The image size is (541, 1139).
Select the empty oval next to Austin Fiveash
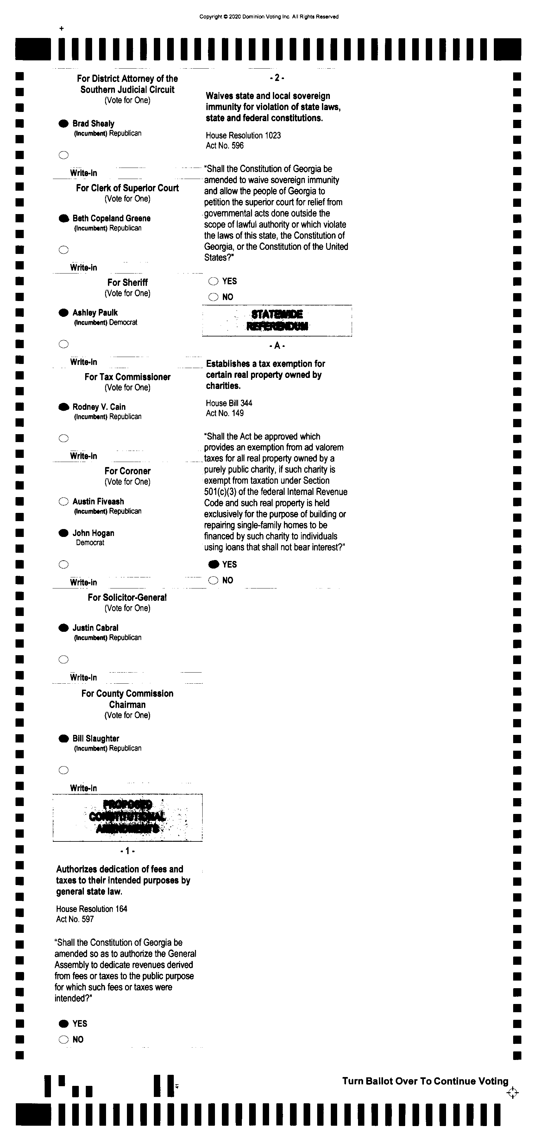point(64,502)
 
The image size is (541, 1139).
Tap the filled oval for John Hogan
point(64,533)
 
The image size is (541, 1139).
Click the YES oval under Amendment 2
point(213,281)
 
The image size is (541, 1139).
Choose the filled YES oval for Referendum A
point(213,564)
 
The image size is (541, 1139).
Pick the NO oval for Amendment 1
point(64,1039)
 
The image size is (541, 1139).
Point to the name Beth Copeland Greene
point(111,219)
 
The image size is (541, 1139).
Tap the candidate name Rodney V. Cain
point(99,407)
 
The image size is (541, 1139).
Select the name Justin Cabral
point(95,628)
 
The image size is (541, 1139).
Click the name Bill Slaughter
point(96,738)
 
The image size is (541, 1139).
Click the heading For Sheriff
point(128,283)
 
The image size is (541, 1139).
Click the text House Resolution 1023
point(243,135)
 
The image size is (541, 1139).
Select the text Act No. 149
point(224,413)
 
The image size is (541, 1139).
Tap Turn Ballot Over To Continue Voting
point(425,1081)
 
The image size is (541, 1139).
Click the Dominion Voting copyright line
point(269,17)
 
